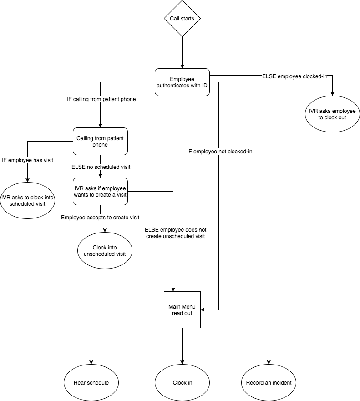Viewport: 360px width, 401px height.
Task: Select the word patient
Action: [112, 99]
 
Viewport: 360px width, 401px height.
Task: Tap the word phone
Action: [128, 99]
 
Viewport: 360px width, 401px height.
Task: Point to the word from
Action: [96, 99]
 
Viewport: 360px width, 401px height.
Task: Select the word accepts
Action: [96, 218]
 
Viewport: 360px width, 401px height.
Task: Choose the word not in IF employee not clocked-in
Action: [222, 152]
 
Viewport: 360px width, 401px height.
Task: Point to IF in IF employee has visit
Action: [4, 160]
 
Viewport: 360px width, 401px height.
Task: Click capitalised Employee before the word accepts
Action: [73, 218]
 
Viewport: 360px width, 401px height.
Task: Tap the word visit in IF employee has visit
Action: [48, 160]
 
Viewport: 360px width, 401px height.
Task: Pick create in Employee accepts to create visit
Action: [120, 218]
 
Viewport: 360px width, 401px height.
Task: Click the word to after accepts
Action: [109, 218]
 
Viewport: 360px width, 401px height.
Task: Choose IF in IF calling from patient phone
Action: [69, 99]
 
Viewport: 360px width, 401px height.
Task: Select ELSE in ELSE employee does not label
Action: [152, 230]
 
